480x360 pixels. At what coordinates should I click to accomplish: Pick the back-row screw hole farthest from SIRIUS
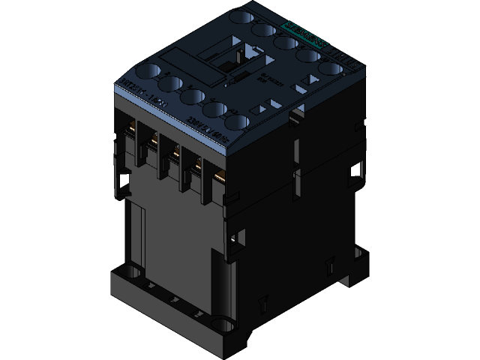(241, 16)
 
